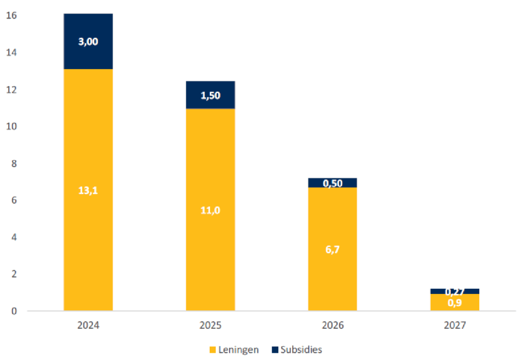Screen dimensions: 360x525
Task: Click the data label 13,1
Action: tap(88, 190)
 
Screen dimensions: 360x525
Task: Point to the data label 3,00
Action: tap(88, 42)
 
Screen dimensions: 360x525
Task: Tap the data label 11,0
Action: tap(210, 210)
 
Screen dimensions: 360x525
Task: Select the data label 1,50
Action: tap(210, 95)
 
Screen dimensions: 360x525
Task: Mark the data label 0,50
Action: tap(332, 183)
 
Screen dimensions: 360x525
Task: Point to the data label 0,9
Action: tap(455, 303)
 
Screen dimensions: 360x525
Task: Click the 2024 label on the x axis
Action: tap(88, 325)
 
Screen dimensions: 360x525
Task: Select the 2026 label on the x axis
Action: tap(332, 325)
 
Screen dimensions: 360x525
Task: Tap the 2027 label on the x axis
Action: tap(455, 325)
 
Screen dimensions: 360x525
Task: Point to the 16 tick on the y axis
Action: tap(11, 16)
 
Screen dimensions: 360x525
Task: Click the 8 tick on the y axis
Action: tap(13, 164)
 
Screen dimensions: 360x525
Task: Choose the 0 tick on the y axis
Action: tap(14, 311)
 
